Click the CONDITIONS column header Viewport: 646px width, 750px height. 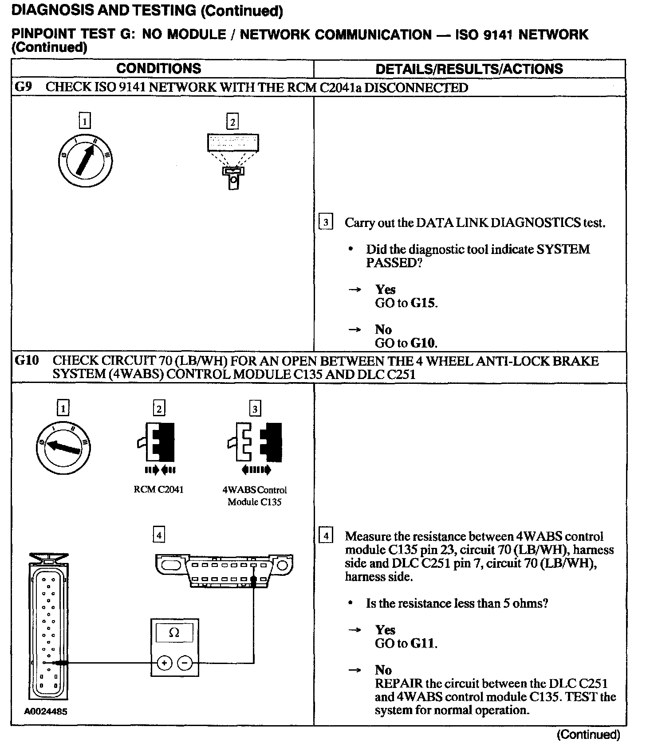click(158, 69)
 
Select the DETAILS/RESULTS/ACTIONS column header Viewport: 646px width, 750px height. click(469, 69)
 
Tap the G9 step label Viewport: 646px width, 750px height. click(23, 87)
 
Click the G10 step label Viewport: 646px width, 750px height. click(27, 361)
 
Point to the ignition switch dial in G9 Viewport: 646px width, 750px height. click(84, 160)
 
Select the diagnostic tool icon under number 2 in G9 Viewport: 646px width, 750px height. click(233, 160)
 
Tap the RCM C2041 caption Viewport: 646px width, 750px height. click(158, 490)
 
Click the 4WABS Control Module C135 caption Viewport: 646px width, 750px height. click(254, 496)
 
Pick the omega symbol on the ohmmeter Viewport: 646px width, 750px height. click(174, 633)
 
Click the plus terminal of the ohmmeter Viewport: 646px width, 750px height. click(165, 663)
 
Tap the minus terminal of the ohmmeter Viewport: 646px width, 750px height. click(185, 663)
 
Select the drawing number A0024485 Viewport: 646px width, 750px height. click(46, 711)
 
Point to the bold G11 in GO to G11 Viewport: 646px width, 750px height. click(423, 643)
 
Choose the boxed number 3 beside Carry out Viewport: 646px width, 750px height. click(326, 222)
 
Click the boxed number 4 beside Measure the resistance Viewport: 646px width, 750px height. click(326, 536)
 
